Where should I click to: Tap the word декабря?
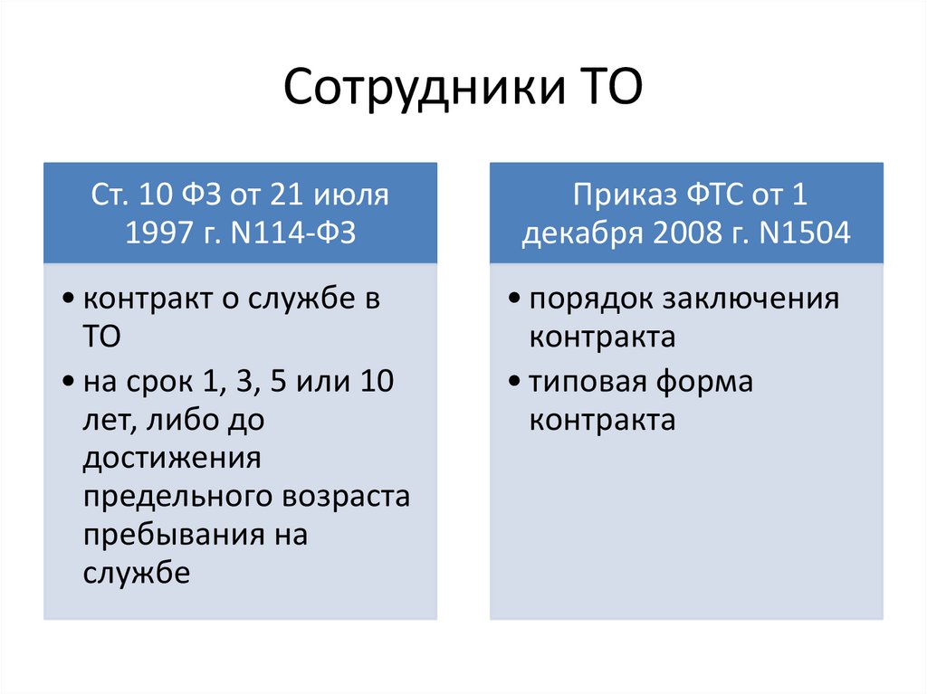(577, 233)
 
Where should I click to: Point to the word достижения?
(172, 458)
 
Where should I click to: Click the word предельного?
(180, 496)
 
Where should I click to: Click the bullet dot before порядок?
(514, 299)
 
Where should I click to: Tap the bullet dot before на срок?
(69, 384)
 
